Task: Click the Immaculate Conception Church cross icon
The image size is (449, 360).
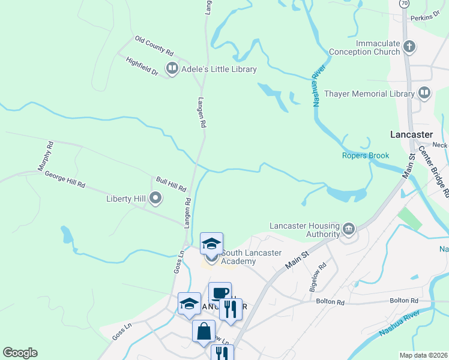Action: point(409,46)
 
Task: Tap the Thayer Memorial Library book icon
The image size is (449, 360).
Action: point(424,93)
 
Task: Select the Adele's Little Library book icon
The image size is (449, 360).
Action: point(172,69)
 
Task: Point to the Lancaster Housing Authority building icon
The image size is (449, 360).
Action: point(348,229)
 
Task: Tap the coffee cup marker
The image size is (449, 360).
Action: point(220,293)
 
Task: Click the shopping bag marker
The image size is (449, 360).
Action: point(203,331)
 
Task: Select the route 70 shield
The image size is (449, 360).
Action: point(405,4)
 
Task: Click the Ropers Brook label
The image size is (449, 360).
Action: point(366,155)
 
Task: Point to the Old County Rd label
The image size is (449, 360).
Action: point(154,44)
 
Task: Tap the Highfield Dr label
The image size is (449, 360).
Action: point(142,66)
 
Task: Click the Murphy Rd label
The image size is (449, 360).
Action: point(46,154)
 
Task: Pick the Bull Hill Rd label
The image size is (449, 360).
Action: point(171,184)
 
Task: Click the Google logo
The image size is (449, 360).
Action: point(20,353)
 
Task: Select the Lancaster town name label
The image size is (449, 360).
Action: point(411,134)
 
